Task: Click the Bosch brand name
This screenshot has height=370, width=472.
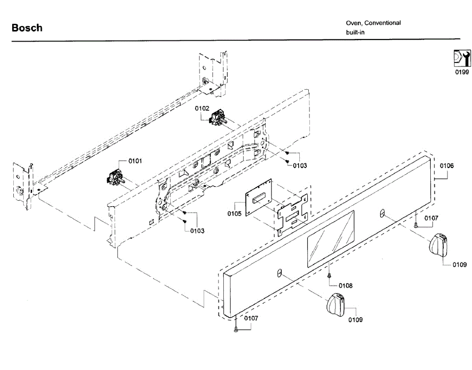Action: [27, 28]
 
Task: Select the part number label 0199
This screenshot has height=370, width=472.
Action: [462, 72]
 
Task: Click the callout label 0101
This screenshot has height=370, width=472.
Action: [136, 161]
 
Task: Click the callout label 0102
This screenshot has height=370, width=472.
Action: [203, 108]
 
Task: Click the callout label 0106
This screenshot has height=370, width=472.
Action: [446, 166]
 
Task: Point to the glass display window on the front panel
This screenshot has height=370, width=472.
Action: [330, 239]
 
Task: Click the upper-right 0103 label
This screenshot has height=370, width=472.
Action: [300, 166]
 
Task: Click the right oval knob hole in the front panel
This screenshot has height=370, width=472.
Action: [382, 213]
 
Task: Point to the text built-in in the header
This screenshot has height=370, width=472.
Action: [355, 32]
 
